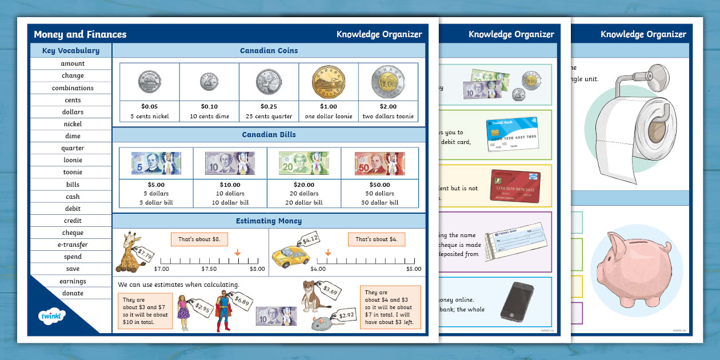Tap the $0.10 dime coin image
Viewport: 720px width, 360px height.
[x=209, y=82]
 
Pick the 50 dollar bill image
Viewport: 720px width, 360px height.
[x=379, y=163]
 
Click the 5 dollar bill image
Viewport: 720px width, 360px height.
[x=156, y=163]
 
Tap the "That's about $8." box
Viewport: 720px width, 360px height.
[x=195, y=239]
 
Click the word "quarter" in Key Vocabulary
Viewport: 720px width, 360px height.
[x=73, y=148]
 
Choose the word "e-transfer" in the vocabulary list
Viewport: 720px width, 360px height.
[x=73, y=245]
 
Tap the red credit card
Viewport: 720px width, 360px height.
[x=515, y=185]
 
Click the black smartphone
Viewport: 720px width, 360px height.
[x=517, y=301]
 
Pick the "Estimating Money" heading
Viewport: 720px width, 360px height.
[x=269, y=221]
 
